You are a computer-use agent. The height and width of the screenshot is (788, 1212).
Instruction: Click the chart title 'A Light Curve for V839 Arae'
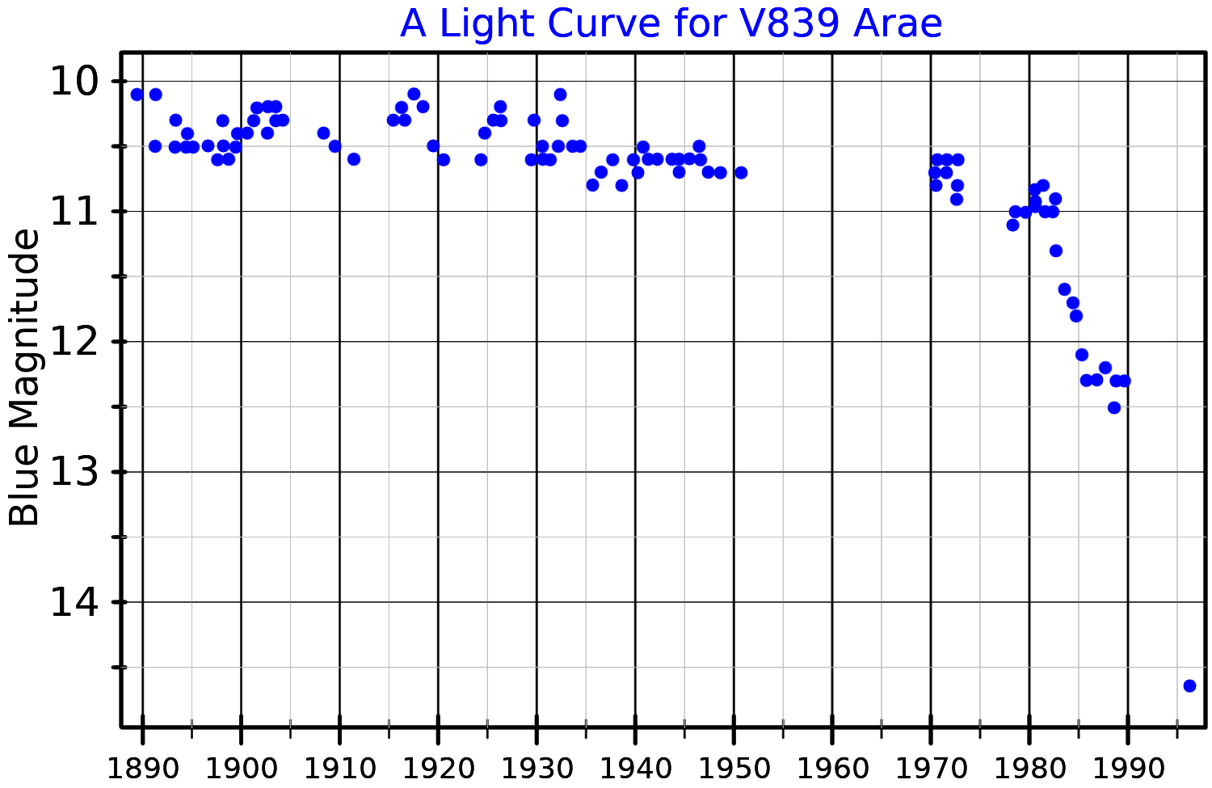(x=671, y=23)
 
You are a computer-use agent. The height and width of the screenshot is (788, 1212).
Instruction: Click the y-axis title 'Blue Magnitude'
(x=24, y=377)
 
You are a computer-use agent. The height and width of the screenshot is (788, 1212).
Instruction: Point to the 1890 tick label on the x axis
(x=142, y=768)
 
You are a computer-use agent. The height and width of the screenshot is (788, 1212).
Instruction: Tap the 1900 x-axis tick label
(x=241, y=768)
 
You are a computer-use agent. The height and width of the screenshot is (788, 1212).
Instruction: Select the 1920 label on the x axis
(x=438, y=768)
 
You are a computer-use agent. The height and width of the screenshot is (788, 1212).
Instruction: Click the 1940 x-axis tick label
(x=635, y=768)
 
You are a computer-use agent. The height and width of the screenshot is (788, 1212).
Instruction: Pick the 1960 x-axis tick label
(x=832, y=768)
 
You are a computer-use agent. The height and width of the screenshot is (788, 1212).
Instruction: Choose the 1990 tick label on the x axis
(x=1128, y=768)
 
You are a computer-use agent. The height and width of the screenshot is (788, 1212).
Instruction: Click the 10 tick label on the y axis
(x=74, y=82)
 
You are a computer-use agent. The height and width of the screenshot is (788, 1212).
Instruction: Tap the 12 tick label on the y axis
(x=74, y=342)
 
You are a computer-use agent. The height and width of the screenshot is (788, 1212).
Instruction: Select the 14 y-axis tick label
(x=74, y=603)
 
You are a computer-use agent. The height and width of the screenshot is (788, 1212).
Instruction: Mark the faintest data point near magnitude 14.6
(x=1189, y=685)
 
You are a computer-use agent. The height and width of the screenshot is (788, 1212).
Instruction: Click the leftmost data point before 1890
(x=137, y=95)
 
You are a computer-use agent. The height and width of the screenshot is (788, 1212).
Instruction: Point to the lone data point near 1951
(x=741, y=172)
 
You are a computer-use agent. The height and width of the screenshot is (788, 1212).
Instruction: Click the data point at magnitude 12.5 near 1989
(x=1114, y=407)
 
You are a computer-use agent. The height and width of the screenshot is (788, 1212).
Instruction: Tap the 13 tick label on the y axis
(x=74, y=472)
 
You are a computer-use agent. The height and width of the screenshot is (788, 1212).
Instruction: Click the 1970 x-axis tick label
(x=931, y=768)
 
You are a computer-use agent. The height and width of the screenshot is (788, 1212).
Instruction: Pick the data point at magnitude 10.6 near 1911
(x=354, y=159)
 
